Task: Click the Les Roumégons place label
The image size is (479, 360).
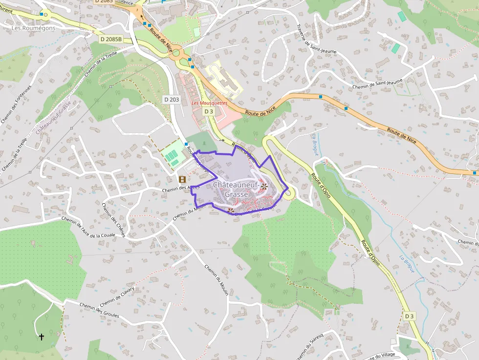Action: pyautogui.click(x=33, y=28)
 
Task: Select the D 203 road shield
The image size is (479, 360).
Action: pyautogui.click(x=172, y=100)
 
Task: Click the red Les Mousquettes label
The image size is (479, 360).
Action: pyautogui.click(x=209, y=103)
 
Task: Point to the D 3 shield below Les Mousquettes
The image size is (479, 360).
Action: pyautogui.click(x=209, y=111)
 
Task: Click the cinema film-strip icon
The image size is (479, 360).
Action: pyautogui.click(x=182, y=179)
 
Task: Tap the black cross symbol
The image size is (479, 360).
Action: pyautogui.click(x=42, y=337)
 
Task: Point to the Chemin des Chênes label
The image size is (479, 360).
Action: pyautogui.click(x=114, y=219)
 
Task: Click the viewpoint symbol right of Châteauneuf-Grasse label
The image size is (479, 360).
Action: pyautogui.click(x=264, y=186)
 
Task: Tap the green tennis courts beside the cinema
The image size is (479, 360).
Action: pyautogui.click(x=172, y=157)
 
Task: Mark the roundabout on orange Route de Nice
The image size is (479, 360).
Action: pyautogui.click(x=175, y=52)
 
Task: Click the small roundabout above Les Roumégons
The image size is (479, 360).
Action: pyautogui.click(x=45, y=14)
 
